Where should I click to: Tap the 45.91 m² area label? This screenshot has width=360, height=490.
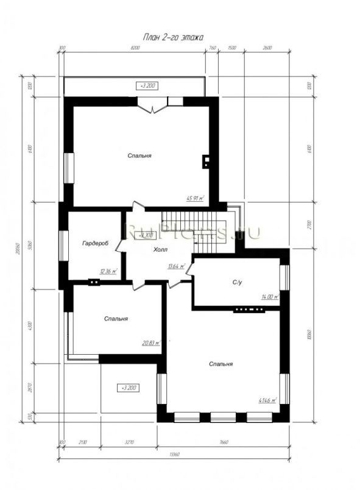tap(196, 198)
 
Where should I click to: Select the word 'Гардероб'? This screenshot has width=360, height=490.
tap(94, 243)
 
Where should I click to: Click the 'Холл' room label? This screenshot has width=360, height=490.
tap(160, 250)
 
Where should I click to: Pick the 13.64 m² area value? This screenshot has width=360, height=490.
tap(175, 266)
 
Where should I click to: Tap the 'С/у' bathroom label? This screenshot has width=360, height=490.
tap(238, 282)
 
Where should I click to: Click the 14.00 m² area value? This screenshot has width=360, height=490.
tap(269, 297)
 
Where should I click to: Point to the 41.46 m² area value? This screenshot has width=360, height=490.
tap(267, 400)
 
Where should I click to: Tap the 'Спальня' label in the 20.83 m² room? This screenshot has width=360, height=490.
tap(115, 319)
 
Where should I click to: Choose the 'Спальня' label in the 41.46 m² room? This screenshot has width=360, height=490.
tap(221, 364)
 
